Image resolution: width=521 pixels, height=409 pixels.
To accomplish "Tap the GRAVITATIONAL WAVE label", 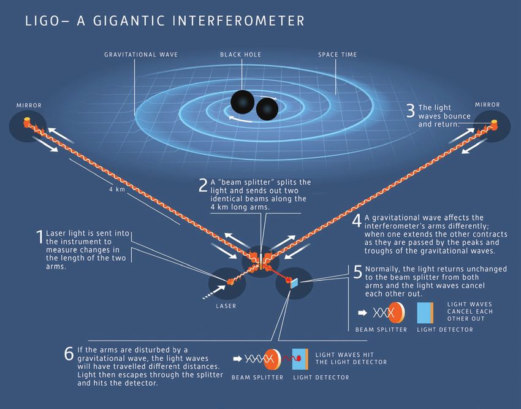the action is (141, 55).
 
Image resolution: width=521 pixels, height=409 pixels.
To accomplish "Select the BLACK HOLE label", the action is (240, 55).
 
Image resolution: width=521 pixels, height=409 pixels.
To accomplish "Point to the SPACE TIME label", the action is (338, 55).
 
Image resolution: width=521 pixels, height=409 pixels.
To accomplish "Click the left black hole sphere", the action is (243, 102).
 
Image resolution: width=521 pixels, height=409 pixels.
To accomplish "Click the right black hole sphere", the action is (267, 110).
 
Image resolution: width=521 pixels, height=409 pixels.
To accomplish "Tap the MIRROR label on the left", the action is (29, 105).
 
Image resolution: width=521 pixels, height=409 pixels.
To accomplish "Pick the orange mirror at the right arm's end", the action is (494, 124).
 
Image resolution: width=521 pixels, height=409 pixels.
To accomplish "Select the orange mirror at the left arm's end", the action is (26, 121).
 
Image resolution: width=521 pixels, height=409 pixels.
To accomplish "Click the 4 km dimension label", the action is (117, 189).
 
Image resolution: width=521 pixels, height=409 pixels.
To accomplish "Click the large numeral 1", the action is (40, 237).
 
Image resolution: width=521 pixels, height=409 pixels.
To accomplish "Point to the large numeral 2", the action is (203, 186).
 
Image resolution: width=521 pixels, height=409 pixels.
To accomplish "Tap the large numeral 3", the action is (411, 111).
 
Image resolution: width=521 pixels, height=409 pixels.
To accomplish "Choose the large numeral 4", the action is (357, 221).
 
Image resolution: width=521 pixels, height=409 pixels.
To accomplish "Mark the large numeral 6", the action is (69, 353).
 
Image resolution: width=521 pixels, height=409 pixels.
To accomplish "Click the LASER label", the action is (226, 306).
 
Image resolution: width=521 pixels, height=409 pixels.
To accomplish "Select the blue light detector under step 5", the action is (425, 313).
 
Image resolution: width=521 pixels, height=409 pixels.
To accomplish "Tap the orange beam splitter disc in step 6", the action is (273, 359).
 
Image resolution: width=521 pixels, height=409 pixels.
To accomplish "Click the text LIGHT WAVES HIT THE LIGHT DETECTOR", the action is (351, 359).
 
